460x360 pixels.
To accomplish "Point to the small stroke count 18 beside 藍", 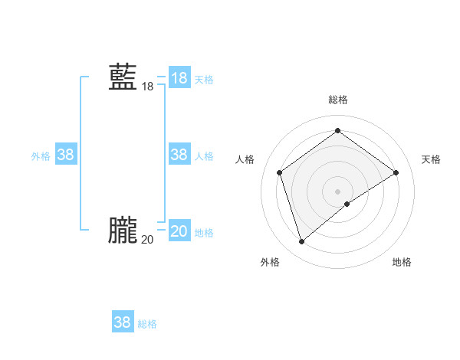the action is pos(147,87).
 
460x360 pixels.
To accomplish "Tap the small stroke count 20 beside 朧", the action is pos(147,240).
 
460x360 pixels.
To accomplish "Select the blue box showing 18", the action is pos(179,78).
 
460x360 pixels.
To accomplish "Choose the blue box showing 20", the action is pos(179,231).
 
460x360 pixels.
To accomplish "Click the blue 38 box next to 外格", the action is pos(65,155).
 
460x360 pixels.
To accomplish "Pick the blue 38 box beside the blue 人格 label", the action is pos(179,155).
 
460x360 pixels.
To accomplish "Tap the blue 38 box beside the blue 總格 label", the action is pos(122,322).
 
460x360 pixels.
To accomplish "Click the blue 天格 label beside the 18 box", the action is pos(204,80).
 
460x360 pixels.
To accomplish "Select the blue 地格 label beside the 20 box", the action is pos(204,233).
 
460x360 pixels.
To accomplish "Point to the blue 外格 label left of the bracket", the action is pos(41,156).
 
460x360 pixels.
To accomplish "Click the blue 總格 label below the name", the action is pos(147,324).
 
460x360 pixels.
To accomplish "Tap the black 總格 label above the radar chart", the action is pos(338,100).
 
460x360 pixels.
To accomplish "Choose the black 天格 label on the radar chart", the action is pos(432,159).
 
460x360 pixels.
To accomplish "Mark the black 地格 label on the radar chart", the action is pos(402,262).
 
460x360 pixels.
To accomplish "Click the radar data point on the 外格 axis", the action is pos(301,242).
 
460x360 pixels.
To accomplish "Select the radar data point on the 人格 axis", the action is pos(280,172).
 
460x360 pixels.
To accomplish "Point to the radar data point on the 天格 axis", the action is pos(396,172).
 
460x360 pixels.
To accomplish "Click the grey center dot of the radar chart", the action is pos(338,191).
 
